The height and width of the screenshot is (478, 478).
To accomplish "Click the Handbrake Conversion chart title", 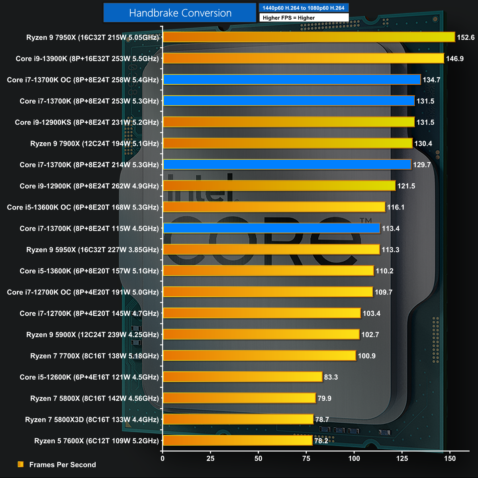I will click(180, 13).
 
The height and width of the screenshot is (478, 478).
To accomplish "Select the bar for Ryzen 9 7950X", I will click(309, 37).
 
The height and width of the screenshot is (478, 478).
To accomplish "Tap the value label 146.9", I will click(455, 59).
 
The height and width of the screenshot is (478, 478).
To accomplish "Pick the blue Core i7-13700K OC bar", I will click(292, 80).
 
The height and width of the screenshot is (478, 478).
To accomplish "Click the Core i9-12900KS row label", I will click(87, 122).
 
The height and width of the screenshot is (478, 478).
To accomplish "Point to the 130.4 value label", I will click(423, 143).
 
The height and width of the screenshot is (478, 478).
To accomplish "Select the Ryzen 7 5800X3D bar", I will click(238, 419).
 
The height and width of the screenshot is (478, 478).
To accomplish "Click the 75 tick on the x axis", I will click(306, 458).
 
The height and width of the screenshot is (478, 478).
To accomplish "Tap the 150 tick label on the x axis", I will click(450, 458).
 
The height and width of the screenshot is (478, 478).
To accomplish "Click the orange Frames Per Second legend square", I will click(21, 464).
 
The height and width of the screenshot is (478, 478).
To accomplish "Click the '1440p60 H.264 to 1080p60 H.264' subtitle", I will click(304, 8).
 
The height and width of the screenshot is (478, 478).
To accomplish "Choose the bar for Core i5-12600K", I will click(242, 377).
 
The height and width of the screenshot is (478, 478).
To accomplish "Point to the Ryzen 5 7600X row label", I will click(96, 441).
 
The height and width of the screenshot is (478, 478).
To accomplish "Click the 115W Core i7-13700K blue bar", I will click(271, 228).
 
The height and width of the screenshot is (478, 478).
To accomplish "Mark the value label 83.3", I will click(331, 377).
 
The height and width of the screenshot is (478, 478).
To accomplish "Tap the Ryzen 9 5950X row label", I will click(92, 250).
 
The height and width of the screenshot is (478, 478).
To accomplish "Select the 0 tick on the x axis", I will click(163, 458).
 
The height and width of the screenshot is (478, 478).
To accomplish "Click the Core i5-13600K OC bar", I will click(274, 207).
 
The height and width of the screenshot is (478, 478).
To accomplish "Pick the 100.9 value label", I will click(367, 356).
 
